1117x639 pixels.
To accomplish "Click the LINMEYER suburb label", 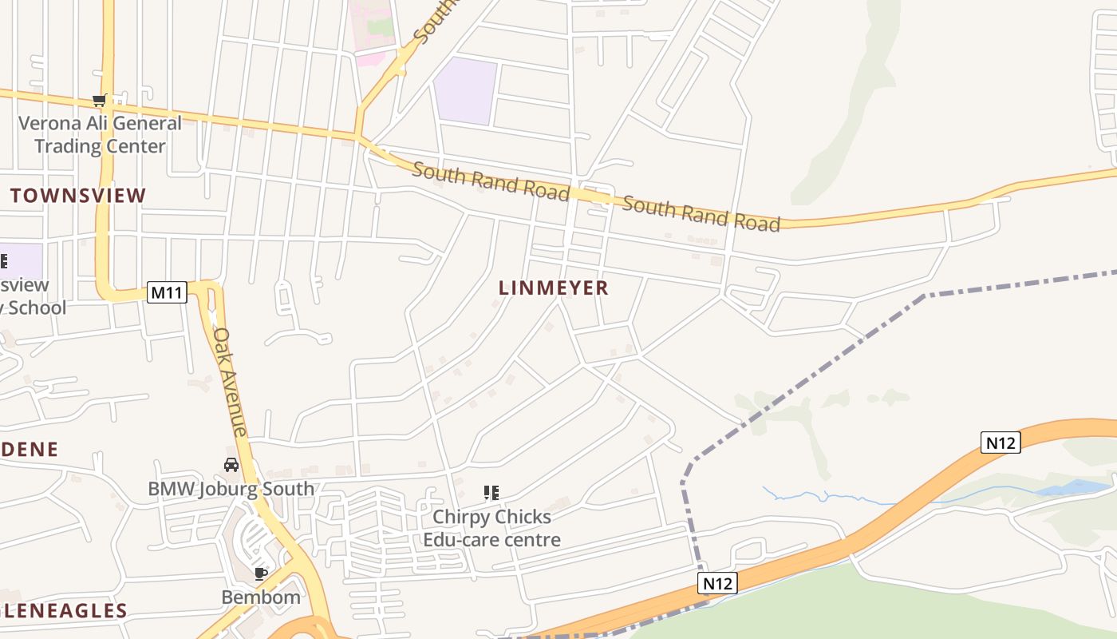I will [554, 288].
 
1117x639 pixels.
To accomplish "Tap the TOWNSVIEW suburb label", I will [78, 196].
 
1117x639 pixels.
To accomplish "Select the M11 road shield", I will [167, 292].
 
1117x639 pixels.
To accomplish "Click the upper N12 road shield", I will [1001, 442].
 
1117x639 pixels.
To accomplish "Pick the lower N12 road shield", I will [716, 583].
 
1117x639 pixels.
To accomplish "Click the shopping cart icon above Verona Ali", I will [100, 101].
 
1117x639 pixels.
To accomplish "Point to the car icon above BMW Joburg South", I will [231, 464].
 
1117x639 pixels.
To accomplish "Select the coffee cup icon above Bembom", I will [260, 574].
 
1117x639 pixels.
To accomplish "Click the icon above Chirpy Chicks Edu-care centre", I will [491, 493].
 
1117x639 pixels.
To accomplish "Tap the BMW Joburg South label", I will [231, 489].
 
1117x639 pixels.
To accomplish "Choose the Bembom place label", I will [261, 597].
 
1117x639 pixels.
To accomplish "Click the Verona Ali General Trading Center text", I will [100, 134].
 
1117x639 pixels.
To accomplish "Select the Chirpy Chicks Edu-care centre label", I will [491, 528].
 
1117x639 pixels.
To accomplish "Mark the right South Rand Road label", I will [701, 213].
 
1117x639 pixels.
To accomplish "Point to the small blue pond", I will [1077, 486].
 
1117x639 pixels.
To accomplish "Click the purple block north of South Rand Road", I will [466, 90].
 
